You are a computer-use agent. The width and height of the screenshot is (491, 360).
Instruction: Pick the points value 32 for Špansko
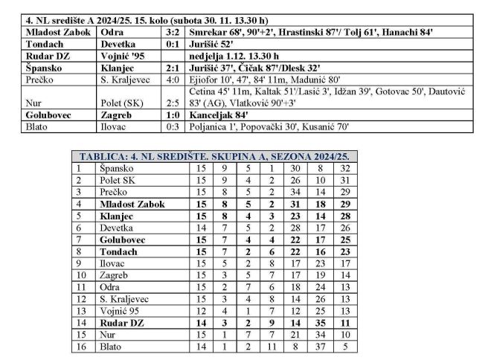(x=344, y=169)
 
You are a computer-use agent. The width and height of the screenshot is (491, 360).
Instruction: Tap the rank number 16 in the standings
(x=80, y=345)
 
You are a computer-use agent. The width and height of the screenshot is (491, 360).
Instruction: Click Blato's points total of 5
(x=344, y=345)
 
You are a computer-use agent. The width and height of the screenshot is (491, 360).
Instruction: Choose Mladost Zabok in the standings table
(x=132, y=204)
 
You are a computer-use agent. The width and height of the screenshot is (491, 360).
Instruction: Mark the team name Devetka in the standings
(x=118, y=228)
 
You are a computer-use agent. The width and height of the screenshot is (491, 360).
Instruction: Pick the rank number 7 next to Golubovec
(x=80, y=240)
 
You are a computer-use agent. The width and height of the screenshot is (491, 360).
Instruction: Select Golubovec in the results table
(x=51, y=115)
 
